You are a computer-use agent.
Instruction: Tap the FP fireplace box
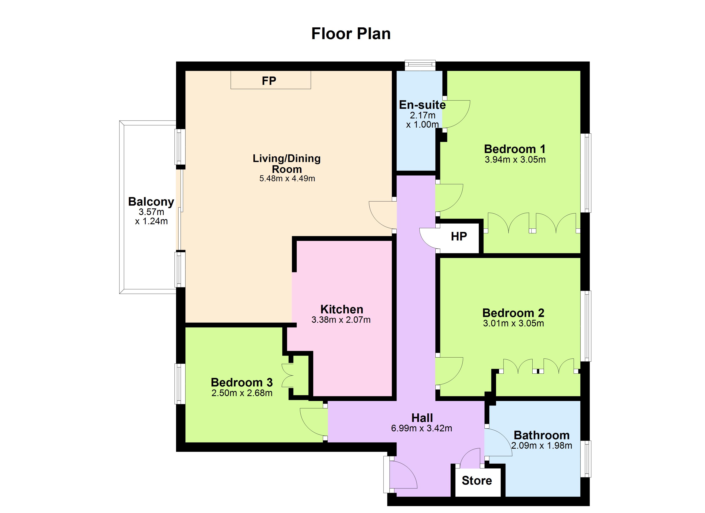(x=270, y=80)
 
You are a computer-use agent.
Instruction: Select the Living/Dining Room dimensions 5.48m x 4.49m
(x=287, y=178)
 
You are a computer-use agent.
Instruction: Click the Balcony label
(x=151, y=202)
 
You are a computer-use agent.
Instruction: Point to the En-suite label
(x=422, y=105)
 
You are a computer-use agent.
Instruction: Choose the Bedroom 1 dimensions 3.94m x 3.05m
(x=515, y=160)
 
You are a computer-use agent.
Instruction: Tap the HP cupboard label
(x=459, y=236)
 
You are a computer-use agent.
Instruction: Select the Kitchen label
(x=342, y=309)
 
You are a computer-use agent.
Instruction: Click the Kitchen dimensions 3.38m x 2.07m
(x=341, y=320)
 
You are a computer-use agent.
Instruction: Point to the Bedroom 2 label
(x=513, y=313)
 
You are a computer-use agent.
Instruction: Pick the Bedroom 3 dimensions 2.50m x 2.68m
(x=242, y=393)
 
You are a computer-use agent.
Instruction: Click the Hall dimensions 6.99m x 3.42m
(x=422, y=428)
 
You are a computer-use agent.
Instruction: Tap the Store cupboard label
(x=477, y=481)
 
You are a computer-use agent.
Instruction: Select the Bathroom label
(x=542, y=435)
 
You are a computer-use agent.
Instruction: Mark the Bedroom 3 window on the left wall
(x=180, y=384)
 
